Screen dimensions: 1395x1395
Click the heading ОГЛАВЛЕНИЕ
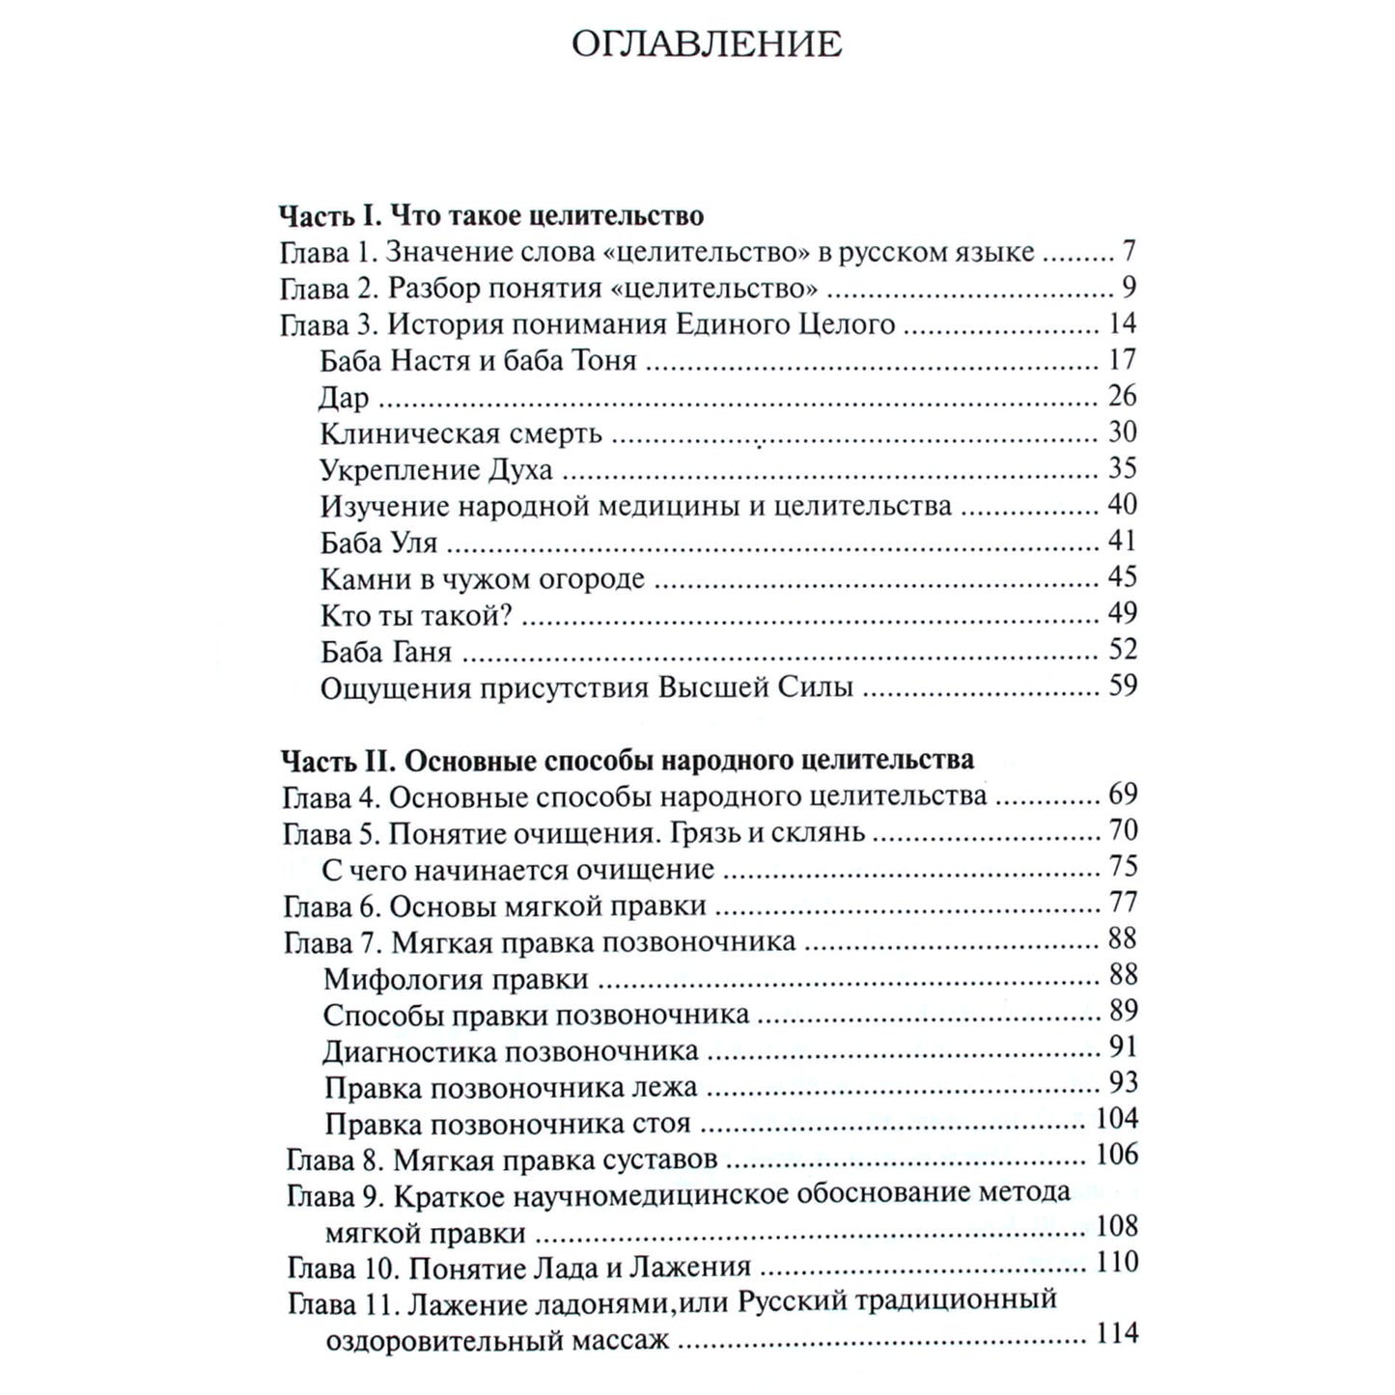[706, 44]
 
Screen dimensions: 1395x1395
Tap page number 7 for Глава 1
[1129, 252]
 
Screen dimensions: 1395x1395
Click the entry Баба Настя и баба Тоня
[478, 361]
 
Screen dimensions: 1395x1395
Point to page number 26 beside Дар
[1122, 396]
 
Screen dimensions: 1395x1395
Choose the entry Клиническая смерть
[460, 433]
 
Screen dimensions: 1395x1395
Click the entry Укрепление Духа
[435, 470]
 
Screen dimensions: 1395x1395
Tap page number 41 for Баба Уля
[1122, 541]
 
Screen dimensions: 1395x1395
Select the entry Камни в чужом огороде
[482, 579]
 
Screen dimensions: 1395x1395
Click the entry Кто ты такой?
[416, 615]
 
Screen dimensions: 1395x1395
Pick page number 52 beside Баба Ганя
[1122, 649]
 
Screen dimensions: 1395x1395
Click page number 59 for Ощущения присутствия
[1122, 685]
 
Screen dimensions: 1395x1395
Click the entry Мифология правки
[456, 979]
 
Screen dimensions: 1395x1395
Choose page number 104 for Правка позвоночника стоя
[1117, 1119]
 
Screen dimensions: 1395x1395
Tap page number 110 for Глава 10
[1117, 1263]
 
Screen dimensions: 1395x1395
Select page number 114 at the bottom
[1117, 1334]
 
